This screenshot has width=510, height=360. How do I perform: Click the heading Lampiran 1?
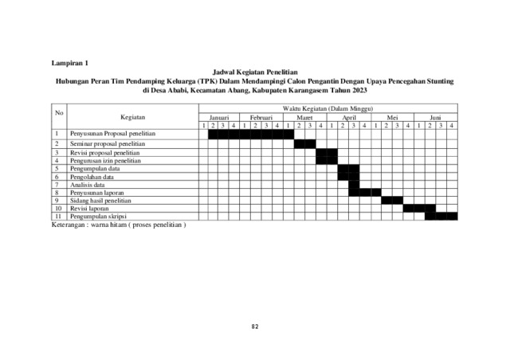coord(71,61)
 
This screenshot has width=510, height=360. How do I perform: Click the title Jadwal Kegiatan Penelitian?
coord(254,71)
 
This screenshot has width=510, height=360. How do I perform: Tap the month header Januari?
coord(218,116)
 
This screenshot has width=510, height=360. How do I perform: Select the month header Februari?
coord(262,116)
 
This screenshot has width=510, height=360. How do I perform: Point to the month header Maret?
coord(305,116)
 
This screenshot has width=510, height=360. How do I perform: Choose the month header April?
coord(348,116)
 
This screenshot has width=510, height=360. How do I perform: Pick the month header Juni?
coord(435,116)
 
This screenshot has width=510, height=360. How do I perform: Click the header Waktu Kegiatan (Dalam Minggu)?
coord(327,108)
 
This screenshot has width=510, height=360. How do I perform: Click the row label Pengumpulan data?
coord(95,168)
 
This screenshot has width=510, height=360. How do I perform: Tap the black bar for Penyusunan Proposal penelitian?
coord(251,134)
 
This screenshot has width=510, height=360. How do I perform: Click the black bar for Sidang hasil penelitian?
coord(392,200)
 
